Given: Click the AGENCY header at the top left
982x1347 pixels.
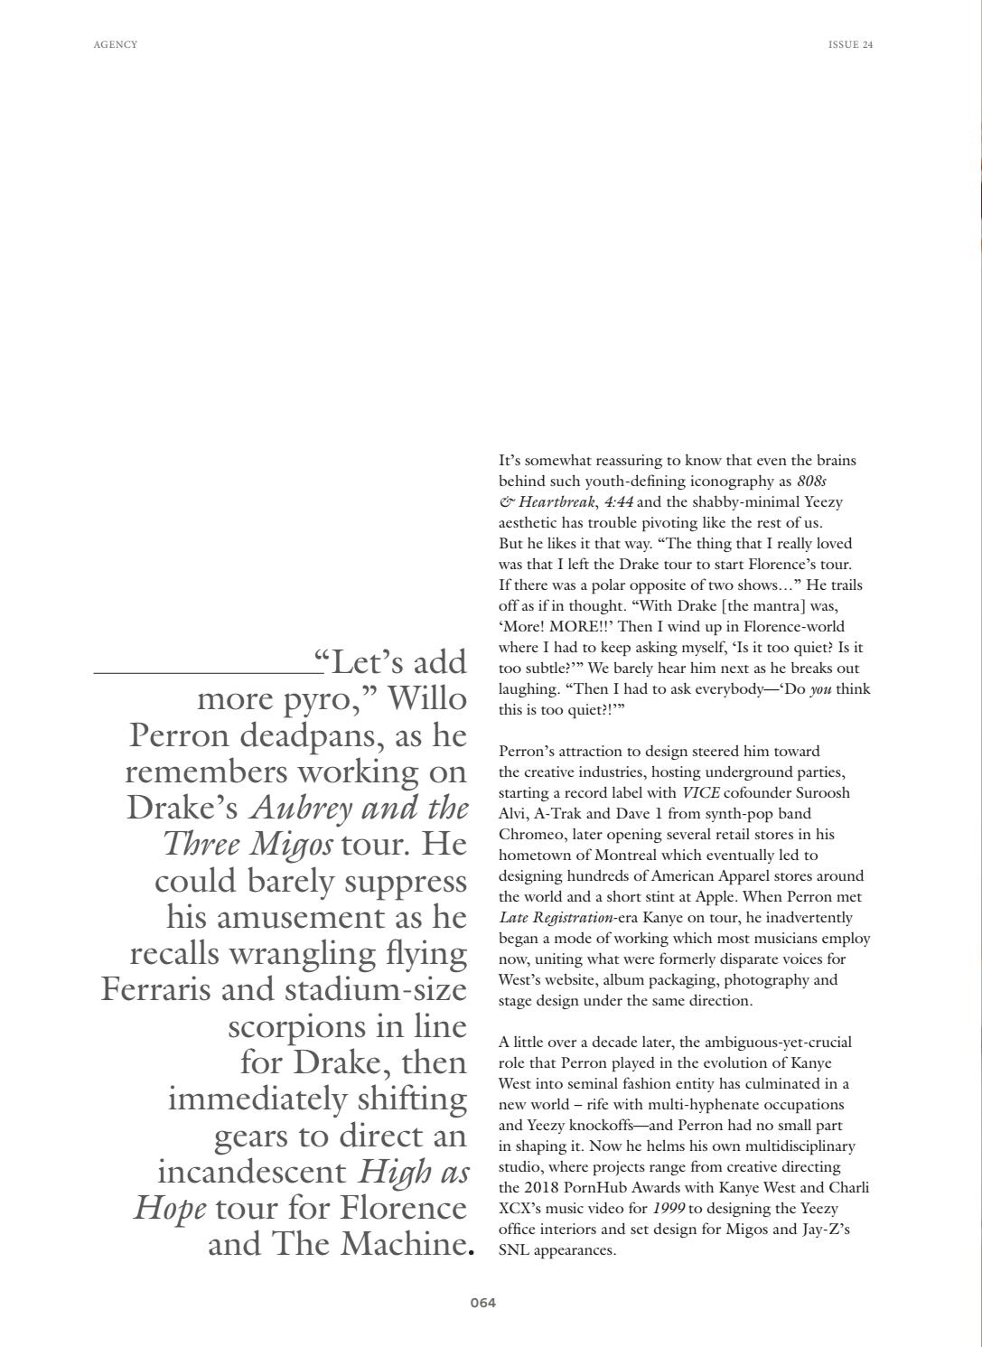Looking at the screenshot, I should [x=116, y=44].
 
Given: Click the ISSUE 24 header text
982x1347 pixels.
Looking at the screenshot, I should [x=850, y=44].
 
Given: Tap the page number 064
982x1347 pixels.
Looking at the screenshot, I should [x=482, y=1303].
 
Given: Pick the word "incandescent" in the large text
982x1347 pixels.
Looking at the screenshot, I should [x=251, y=1173].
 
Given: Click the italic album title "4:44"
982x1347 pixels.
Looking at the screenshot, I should [x=619, y=502].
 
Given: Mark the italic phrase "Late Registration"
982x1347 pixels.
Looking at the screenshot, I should [x=551, y=918].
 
